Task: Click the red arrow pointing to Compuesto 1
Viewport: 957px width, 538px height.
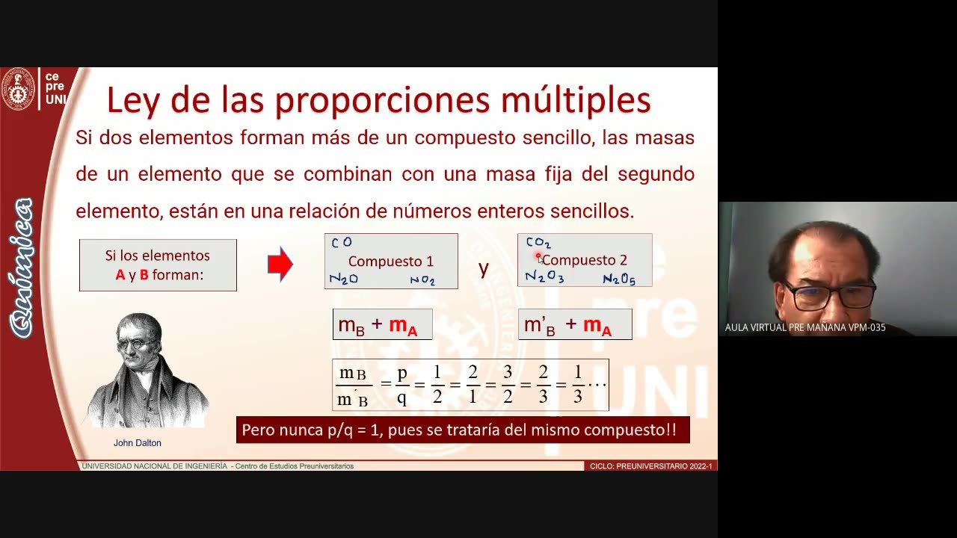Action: (x=280, y=264)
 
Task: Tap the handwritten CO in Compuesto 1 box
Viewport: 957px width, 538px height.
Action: (x=341, y=243)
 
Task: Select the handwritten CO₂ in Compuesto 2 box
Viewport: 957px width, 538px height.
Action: (x=538, y=243)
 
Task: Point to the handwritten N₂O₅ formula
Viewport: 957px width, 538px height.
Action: (x=619, y=279)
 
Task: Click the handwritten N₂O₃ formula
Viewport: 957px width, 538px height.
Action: (x=544, y=277)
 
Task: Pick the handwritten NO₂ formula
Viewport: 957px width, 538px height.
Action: (x=422, y=280)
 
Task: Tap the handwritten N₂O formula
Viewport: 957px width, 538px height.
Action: (x=344, y=279)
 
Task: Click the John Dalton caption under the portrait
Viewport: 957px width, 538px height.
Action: (x=138, y=443)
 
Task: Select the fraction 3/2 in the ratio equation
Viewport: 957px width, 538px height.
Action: (x=508, y=385)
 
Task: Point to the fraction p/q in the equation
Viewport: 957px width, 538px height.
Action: (x=401, y=385)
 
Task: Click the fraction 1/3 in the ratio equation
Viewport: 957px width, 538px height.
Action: (x=577, y=385)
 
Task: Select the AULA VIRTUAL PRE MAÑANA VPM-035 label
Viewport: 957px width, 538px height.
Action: (x=805, y=327)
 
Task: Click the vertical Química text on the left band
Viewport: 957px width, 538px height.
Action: (x=22, y=267)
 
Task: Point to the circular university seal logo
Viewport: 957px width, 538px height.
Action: (x=18, y=89)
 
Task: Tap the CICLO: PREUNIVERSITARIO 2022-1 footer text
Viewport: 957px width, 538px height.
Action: (x=650, y=466)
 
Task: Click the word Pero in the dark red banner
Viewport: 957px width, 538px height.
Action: (x=259, y=430)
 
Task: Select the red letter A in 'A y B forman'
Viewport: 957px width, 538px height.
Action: (x=120, y=275)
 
